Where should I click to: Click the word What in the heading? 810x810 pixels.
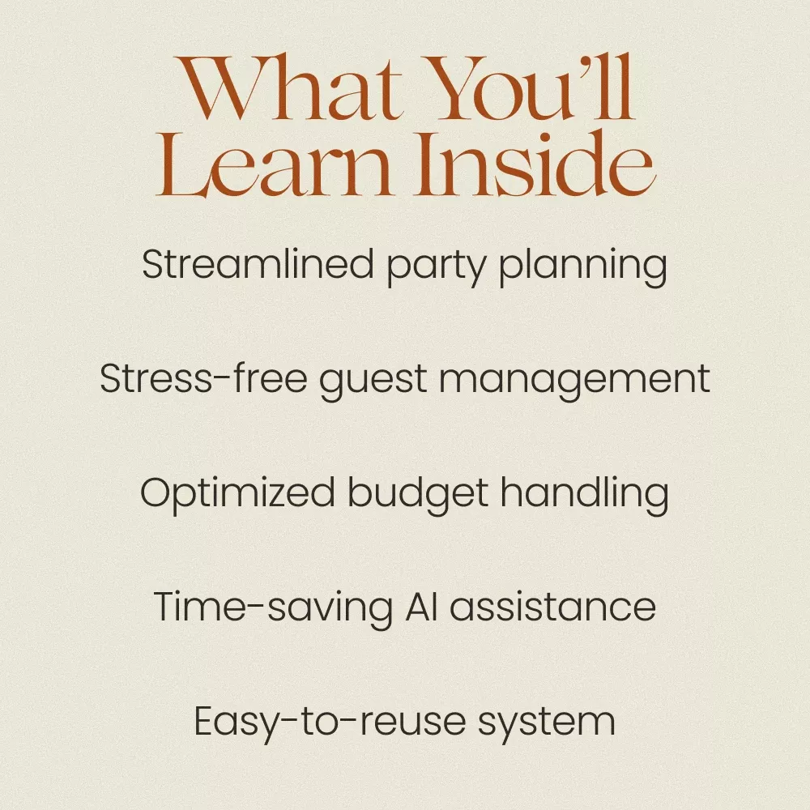click(288, 87)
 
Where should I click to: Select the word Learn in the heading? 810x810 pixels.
click(274, 164)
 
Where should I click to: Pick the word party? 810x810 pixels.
click(437, 267)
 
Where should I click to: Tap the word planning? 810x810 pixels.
click(583, 267)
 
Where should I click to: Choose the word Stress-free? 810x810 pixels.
click(203, 378)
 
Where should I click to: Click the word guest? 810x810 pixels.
click(373, 382)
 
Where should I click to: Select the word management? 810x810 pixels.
click(574, 382)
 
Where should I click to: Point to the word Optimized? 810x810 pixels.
click(237, 495)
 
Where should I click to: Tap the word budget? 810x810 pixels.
click(417, 495)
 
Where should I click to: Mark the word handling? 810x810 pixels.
click(584, 495)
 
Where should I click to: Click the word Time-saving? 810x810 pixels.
click(273, 608)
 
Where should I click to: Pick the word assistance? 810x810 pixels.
click(552, 607)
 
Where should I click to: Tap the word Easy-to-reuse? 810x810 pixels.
click(330, 723)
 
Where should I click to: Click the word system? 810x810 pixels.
click(547, 723)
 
